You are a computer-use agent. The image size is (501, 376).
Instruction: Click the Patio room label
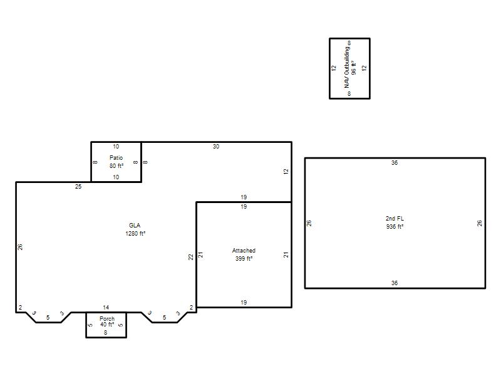(116, 158)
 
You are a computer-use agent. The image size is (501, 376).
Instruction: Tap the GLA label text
(135, 226)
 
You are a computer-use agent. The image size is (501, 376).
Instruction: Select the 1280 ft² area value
(135, 233)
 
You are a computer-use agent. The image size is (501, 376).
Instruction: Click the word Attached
(244, 250)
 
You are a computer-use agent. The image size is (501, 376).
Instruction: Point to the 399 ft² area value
(244, 258)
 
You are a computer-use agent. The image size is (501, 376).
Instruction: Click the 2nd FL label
(395, 218)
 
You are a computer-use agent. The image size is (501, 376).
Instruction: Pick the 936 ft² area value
(395, 226)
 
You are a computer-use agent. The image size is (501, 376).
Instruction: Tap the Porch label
(107, 319)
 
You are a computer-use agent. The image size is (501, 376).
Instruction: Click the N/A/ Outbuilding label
(347, 67)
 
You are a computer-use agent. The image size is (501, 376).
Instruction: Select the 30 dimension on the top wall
(216, 147)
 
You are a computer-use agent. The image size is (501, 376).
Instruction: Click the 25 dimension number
(78, 186)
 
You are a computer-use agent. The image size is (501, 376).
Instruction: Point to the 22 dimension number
(191, 257)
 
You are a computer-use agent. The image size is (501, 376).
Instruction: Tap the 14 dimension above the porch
(106, 307)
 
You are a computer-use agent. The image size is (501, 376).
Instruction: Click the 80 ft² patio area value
(116, 165)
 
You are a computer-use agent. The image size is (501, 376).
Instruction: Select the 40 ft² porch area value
(107, 325)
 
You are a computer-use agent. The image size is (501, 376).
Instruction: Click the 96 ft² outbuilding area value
(354, 67)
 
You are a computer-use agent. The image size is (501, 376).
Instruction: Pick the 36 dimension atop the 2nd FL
(395, 163)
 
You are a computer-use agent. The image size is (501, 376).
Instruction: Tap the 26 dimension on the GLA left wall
(20, 247)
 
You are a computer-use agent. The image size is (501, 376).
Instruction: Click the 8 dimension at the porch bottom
(105, 333)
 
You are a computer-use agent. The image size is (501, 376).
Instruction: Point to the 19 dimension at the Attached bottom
(244, 302)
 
